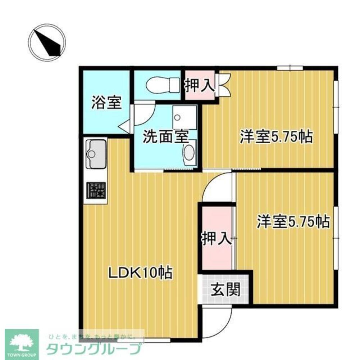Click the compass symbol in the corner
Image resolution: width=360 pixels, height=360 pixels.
tap(47, 42)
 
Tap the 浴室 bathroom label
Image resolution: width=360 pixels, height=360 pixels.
tap(105, 103)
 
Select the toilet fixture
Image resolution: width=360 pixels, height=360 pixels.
tap(163, 85)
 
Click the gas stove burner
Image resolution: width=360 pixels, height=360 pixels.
tap(96, 190)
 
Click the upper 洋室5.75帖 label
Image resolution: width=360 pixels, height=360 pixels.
tap(276, 137)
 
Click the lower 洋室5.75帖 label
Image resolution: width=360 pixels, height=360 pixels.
tap(293, 222)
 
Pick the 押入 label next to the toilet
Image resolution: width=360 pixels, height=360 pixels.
tap(200, 85)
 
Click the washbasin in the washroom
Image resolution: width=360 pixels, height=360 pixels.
tap(189, 153)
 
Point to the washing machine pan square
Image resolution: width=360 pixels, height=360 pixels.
tap(184, 117)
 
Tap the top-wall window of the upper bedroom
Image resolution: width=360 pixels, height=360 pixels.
tap(290, 67)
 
